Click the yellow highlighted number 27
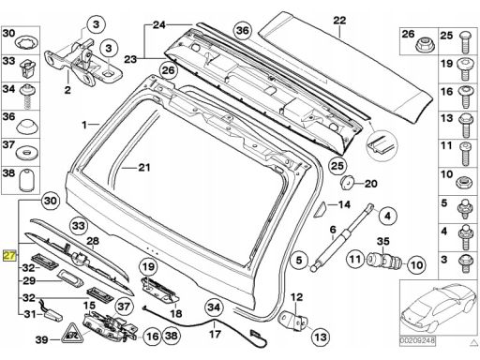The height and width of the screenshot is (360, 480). coord(9,256)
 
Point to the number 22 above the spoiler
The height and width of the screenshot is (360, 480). coord(339,21)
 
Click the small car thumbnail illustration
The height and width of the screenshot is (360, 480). coord(438,307)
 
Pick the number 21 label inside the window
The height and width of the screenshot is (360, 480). coord(144,168)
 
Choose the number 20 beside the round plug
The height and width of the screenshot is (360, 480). coord(371,184)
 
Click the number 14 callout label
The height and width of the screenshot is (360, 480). coord(344,204)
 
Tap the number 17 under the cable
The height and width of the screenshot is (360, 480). coord(215,334)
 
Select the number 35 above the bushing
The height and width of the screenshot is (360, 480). coord(382,241)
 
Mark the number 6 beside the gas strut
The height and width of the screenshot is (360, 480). coord(333,230)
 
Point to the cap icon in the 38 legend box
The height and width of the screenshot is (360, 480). coord(27,180)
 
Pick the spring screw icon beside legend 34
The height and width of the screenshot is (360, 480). coord(28,97)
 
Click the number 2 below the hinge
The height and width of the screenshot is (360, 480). coord(67,90)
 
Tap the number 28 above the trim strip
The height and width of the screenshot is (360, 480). coord(93,241)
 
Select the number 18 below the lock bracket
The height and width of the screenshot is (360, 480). coord(175,313)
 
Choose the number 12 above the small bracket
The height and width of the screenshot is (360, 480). coord(296,297)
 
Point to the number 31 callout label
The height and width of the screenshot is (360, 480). coord(30,313)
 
